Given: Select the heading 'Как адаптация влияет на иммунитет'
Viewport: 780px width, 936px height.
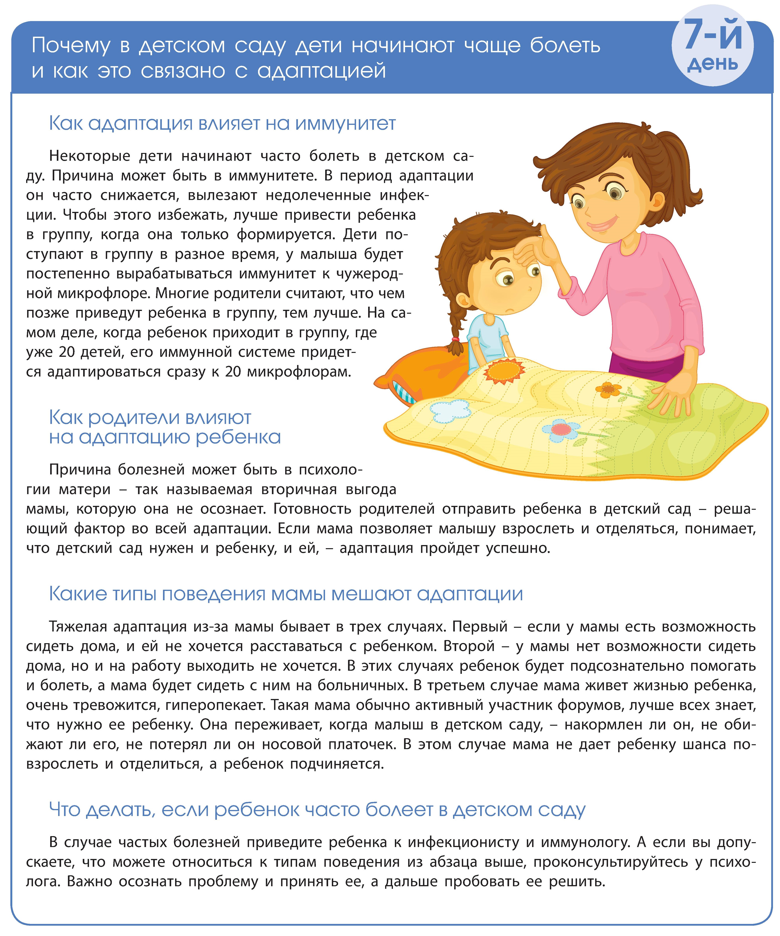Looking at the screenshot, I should (x=222, y=123).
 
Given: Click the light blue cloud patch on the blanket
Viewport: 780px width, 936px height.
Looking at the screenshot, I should (x=451, y=410).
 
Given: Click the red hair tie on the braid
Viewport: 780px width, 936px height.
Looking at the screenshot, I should (x=455, y=340).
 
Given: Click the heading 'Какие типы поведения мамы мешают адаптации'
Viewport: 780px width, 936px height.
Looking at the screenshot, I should (x=285, y=594).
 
